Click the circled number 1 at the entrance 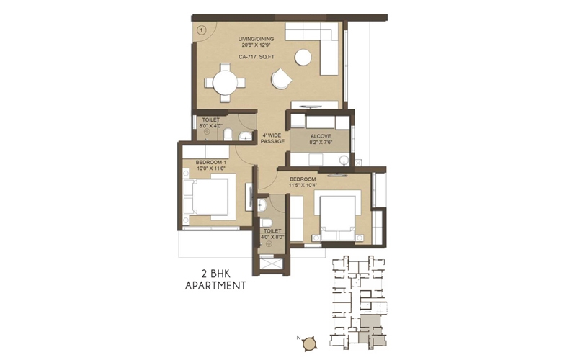[x=201, y=30]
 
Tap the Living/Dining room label [x=256, y=39]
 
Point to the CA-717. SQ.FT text [x=256, y=57]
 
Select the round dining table [x=225, y=83]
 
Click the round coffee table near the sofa [x=303, y=58]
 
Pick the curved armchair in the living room [x=281, y=78]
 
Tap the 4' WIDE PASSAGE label [x=272, y=138]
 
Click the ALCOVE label [x=321, y=136]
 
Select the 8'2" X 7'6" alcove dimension [x=321, y=143]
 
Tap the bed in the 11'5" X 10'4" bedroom [x=338, y=218]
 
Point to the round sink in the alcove [x=344, y=160]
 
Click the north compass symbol [x=310, y=343]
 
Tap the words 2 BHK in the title [x=215, y=274]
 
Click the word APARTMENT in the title [x=215, y=286]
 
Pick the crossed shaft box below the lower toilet [x=271, y=264]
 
